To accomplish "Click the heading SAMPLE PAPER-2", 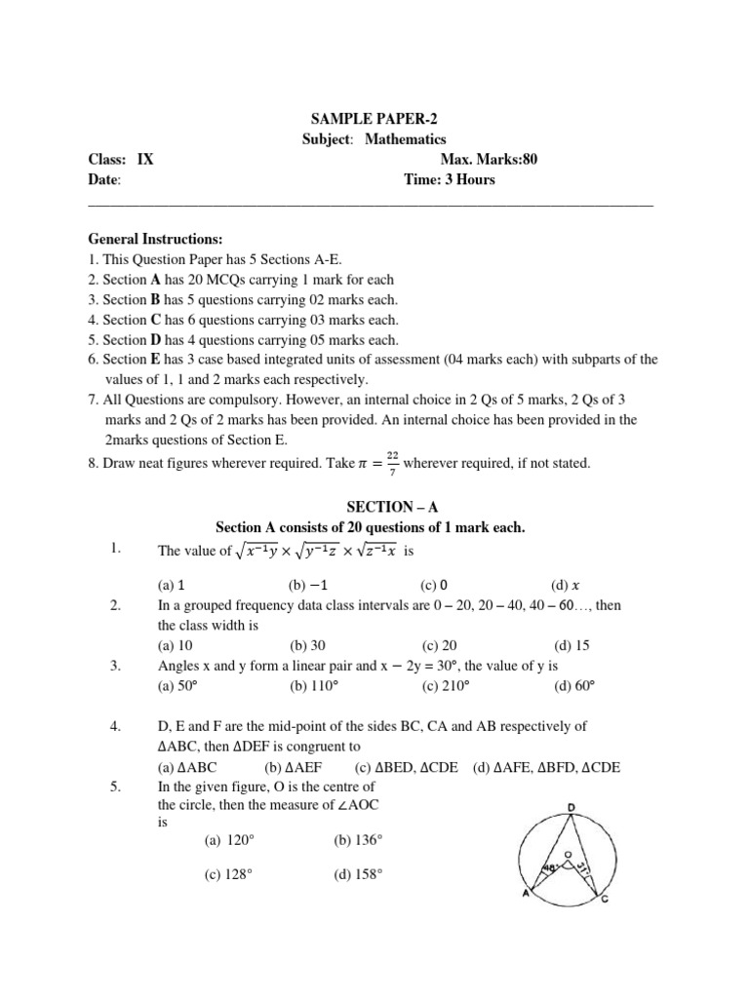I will point(374,120).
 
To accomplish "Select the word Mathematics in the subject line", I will point(406,140).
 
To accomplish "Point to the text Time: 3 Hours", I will point(450,179).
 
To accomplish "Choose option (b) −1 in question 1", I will point(308,586).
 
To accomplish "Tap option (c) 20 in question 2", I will point(439,645).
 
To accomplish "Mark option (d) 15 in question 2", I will point(572,645).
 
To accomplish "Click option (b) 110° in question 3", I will point(313,685).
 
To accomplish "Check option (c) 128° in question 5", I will point(228,876).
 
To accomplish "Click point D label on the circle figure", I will point(570,807).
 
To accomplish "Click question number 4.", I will point(115,727).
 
